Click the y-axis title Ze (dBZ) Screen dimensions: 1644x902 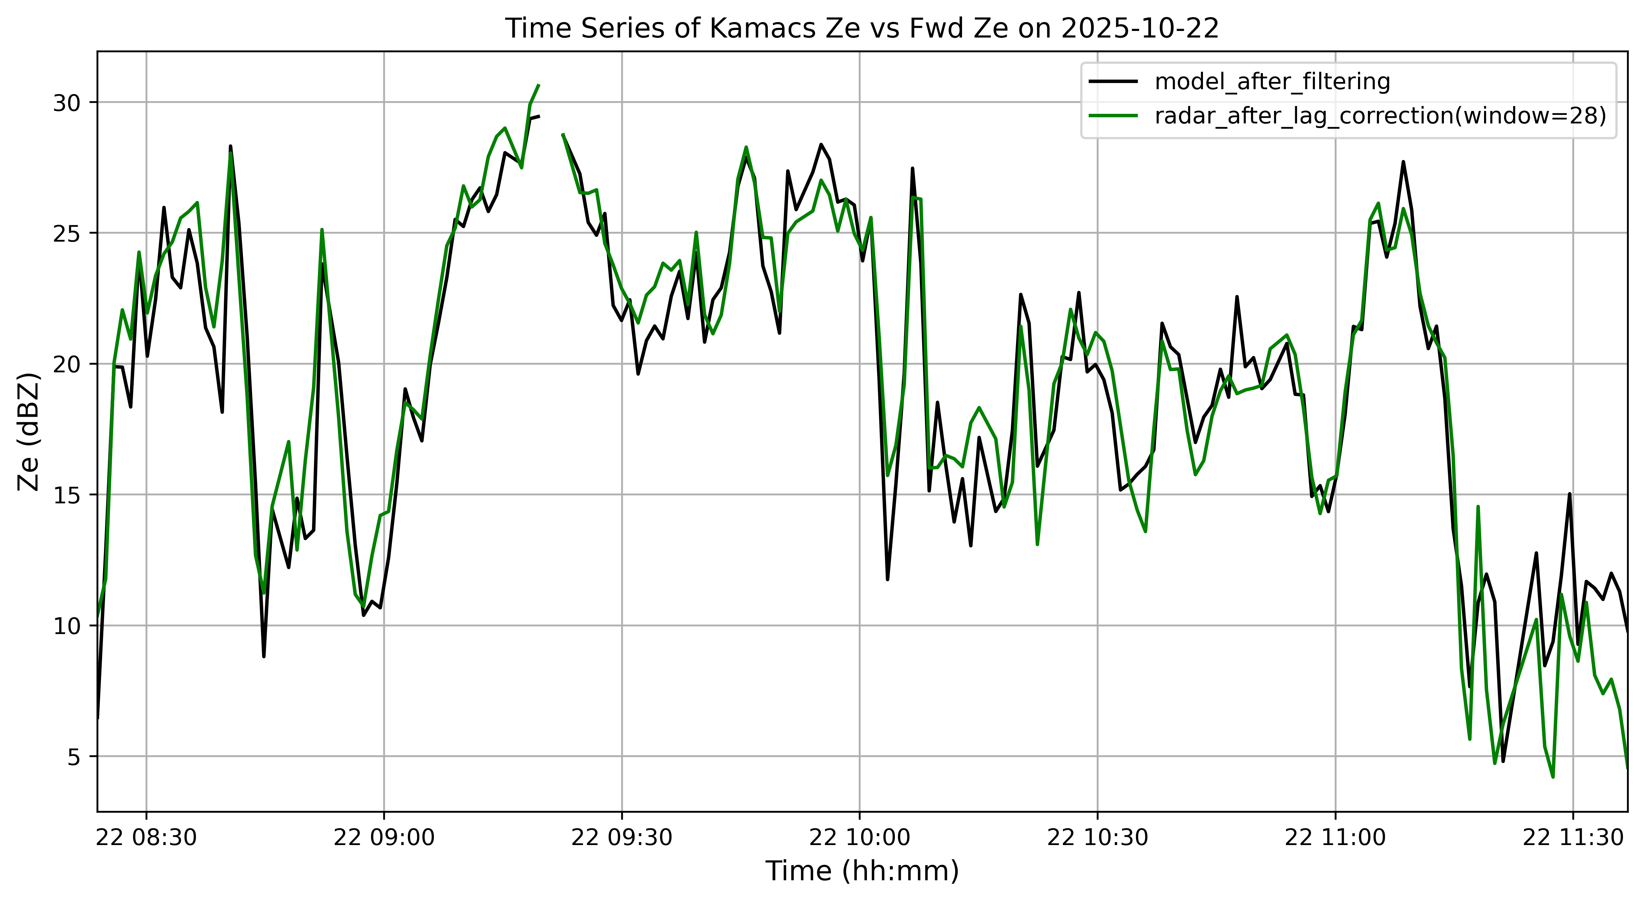29,432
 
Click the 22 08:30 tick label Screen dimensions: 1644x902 146,837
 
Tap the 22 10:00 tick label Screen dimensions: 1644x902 860,837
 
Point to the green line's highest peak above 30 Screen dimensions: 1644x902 539,85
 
